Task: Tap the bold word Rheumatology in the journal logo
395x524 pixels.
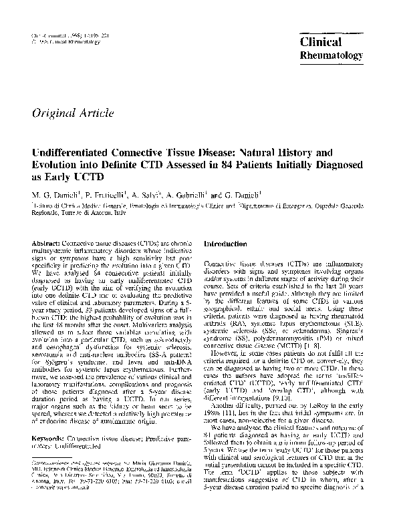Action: click(330, 55)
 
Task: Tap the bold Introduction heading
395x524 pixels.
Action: click(229, 246)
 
